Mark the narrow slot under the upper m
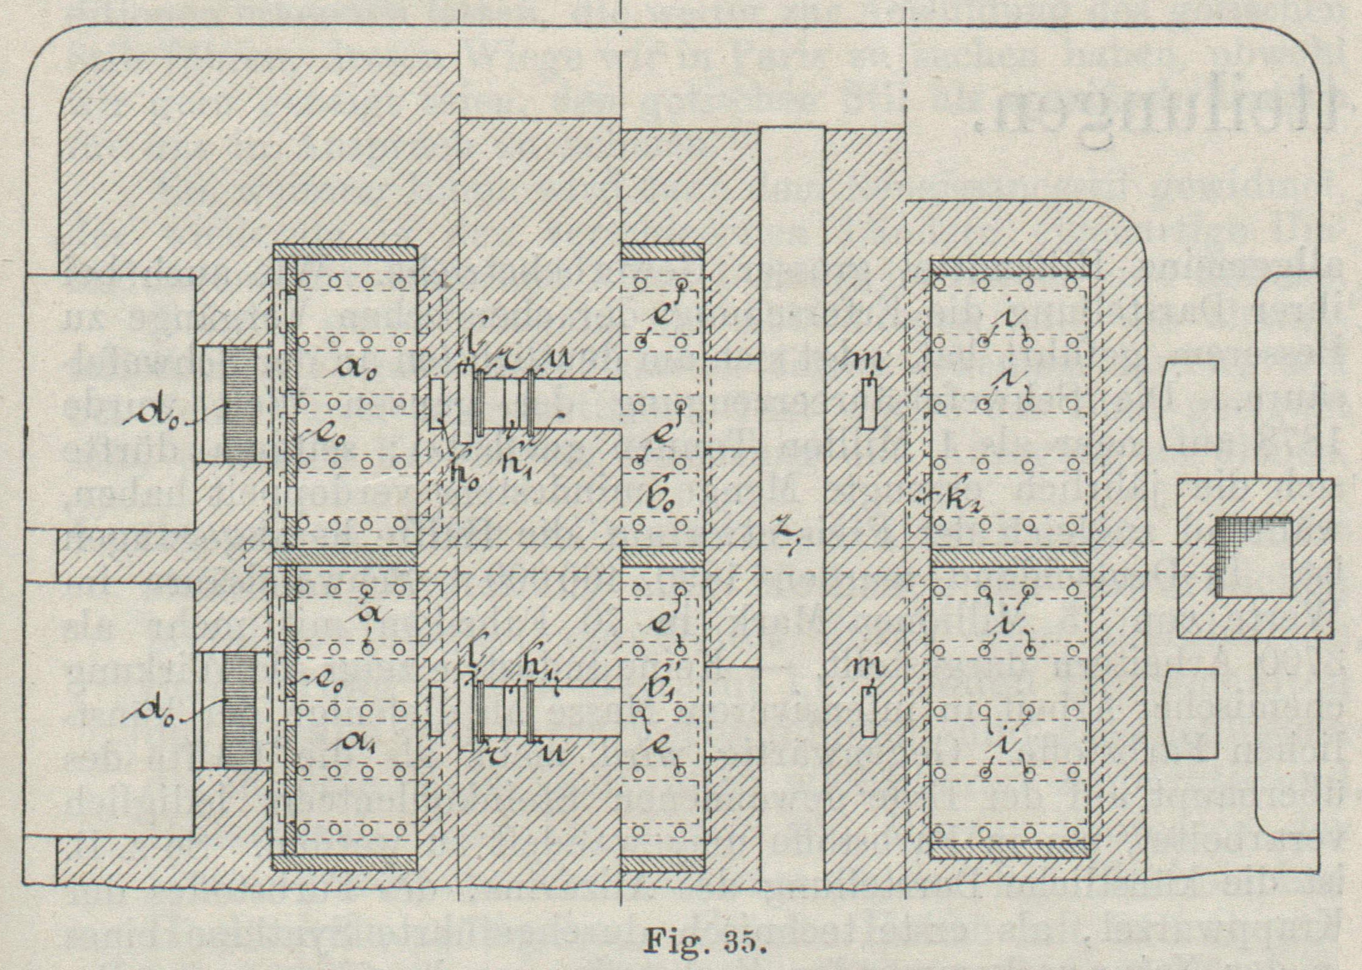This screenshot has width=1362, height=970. pyautogui.click(x=867, y=403)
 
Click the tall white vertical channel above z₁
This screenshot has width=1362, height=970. pyautogui.click(x=792, y=307)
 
